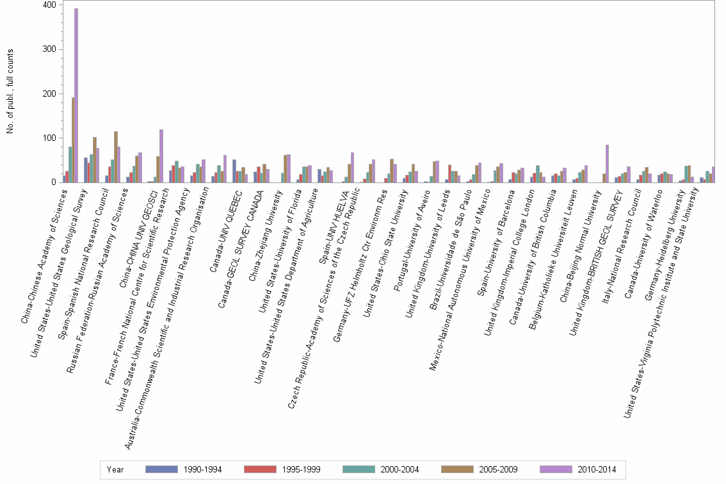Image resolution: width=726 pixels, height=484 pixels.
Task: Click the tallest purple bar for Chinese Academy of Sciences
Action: click(x=76, y=95)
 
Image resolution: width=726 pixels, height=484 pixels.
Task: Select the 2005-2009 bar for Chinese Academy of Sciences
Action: click(x=73, y=140)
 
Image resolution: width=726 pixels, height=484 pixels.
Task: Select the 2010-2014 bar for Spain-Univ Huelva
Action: click(x=352, y=167)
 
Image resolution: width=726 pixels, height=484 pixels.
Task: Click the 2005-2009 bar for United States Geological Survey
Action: click(x=95, y=160)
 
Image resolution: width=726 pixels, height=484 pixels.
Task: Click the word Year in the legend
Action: click(x=116, y=469)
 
